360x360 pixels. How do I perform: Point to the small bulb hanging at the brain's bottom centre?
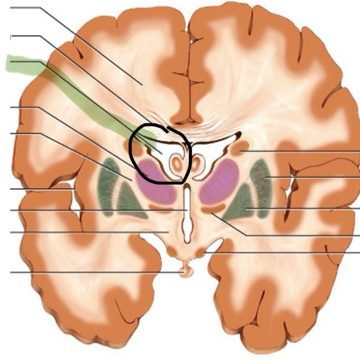pyautogui.click(x=186, y=271)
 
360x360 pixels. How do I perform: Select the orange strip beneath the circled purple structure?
pyautogui.click(x=161, y=208)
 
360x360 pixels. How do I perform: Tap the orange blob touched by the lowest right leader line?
pyautogui.click(x=200, y=253)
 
